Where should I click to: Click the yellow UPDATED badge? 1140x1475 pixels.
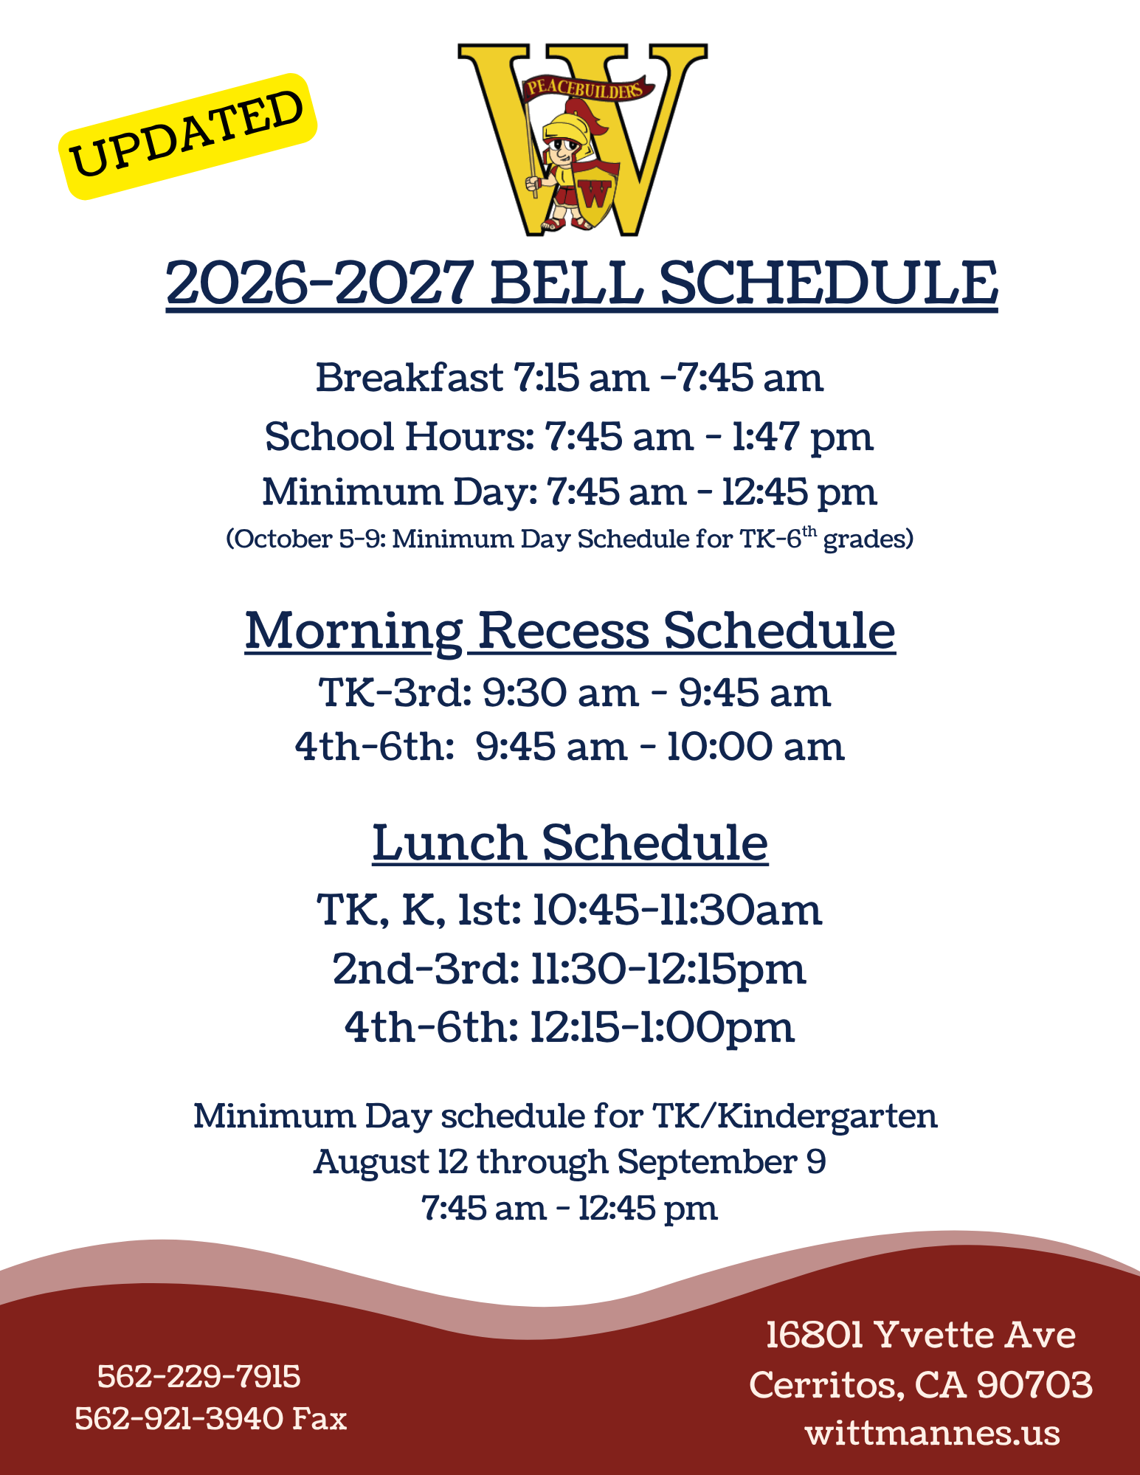click(x=187, y=137)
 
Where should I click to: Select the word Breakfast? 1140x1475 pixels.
click(x=410, y=377)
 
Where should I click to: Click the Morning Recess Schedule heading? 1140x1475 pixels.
click(x=570, y=632)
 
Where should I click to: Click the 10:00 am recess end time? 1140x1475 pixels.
click(x=755, y=747)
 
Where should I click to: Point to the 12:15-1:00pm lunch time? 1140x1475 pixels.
click(x=663, y=1027)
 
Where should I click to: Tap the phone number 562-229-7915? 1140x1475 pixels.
click(x=198, y=1377)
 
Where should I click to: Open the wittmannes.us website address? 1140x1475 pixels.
click(x=933, y=1434)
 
